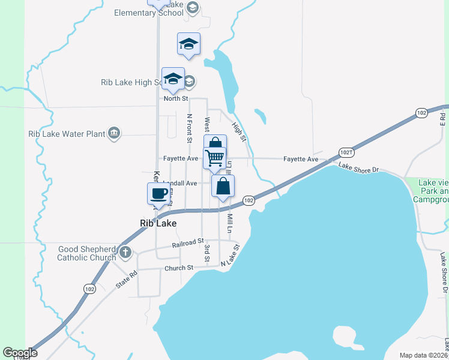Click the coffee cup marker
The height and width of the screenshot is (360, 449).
(158, 194)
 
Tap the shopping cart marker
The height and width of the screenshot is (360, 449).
(214, 158)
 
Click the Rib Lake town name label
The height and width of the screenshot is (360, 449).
(158, 223)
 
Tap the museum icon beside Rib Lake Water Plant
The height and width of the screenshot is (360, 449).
(114, 134)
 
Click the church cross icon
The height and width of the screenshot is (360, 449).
(125, 252)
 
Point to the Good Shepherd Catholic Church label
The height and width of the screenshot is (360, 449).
(86, 253)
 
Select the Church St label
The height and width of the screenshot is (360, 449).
(179, 268)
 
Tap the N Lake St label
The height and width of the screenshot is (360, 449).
(230, 255)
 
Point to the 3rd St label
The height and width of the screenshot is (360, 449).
(206, 253)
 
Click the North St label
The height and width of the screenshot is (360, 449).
(176, 98)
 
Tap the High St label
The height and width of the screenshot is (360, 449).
(239, 132)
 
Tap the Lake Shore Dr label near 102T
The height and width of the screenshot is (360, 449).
(358, 167)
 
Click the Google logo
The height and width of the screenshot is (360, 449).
(20, 353)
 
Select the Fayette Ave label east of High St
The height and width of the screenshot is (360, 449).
(301, 159)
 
